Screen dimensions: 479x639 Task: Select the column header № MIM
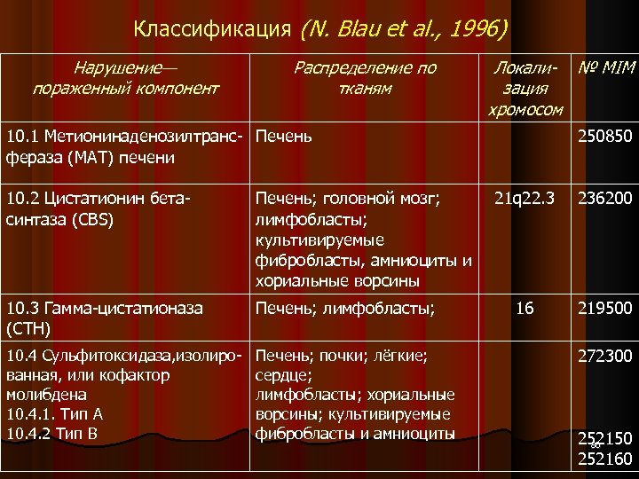(606, 68)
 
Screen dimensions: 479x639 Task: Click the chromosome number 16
(525, 309)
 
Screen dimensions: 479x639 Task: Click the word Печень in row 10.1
(283, 137)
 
